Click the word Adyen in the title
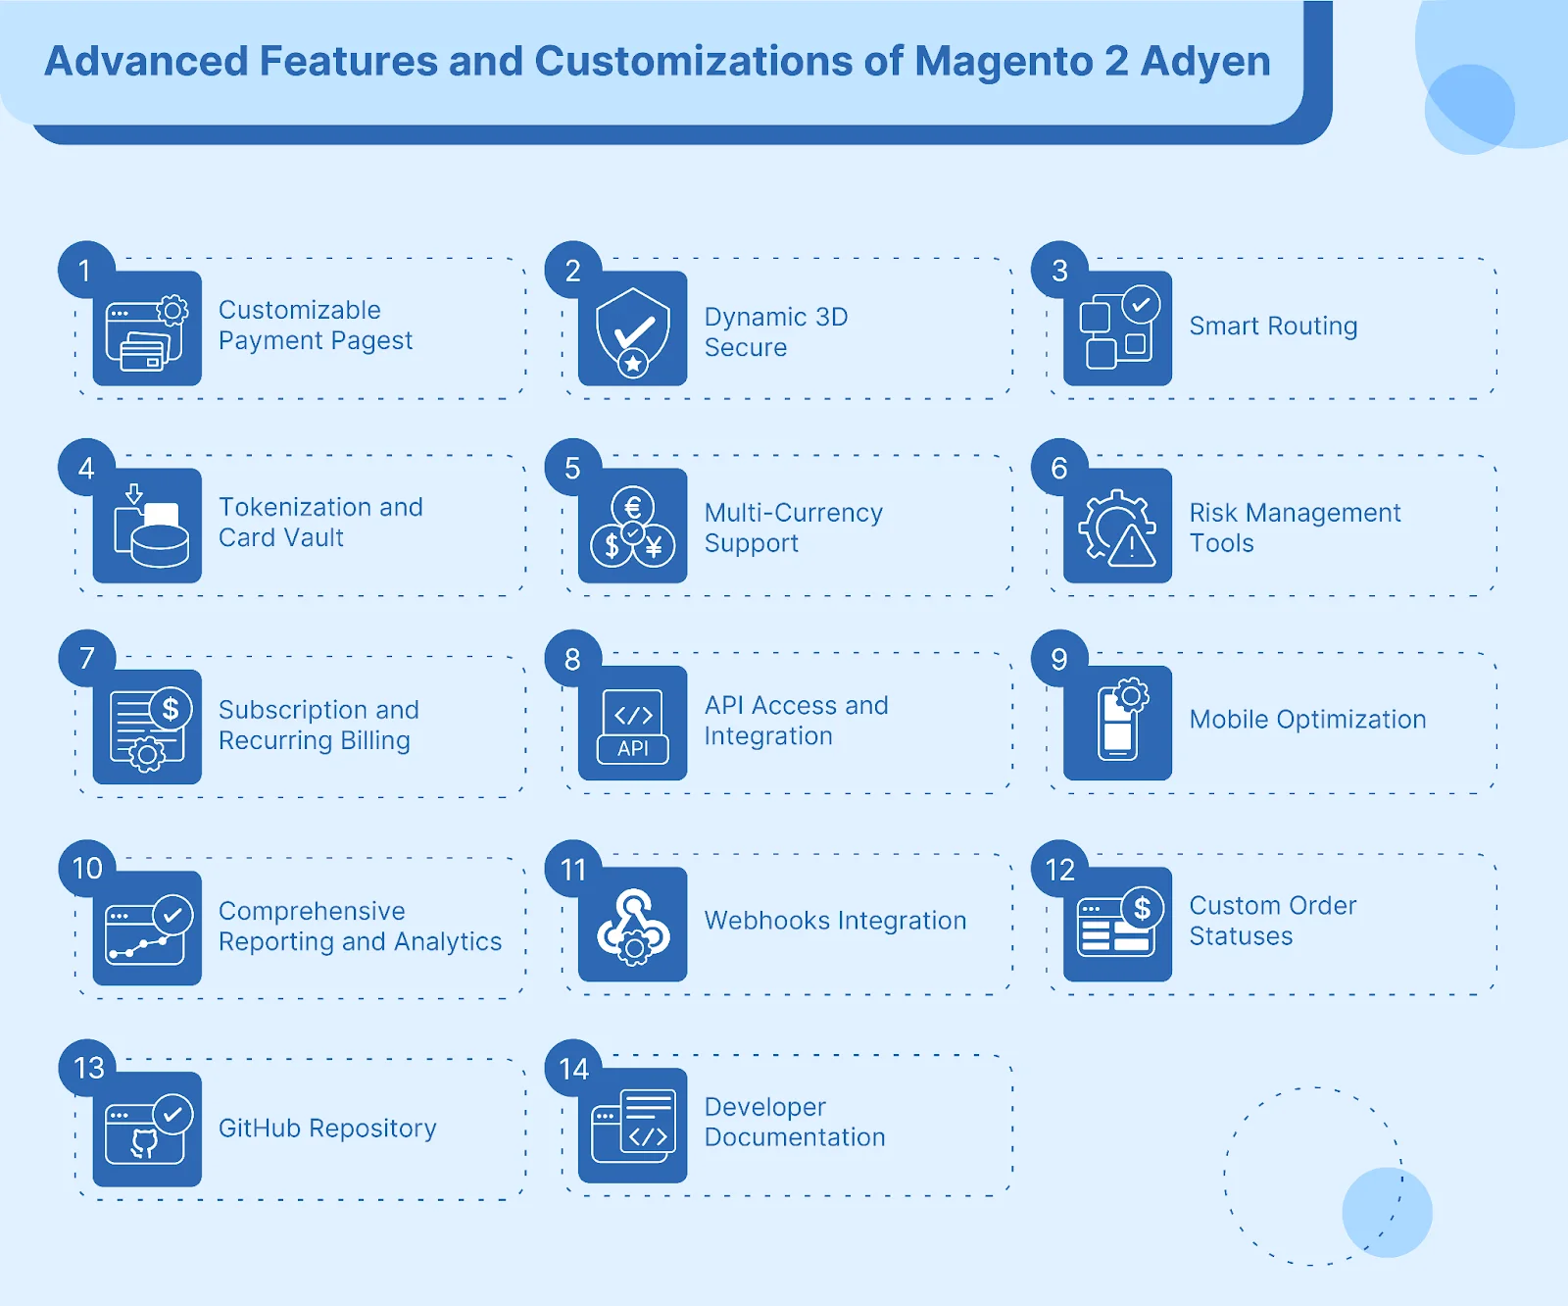[x=1205, y=62]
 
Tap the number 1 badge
[x=86, y=270]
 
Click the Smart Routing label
[x=1273, y=326]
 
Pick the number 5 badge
[x=572, y=468]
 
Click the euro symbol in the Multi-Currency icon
[x=633, y=507]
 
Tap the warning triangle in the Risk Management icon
[x=1131, y=546]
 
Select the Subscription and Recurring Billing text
[x=318, y=725]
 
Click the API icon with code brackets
[x=633, y=724]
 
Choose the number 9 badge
[x=1059, y=659]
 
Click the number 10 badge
[x=87, y=868]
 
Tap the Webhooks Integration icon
[x=633, y=925]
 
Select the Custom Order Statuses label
[x=1273, y=921]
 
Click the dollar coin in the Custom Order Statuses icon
[x=1142, y=909]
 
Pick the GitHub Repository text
[x=327, y=1129]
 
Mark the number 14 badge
[x=573, y=1068]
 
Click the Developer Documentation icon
[x=633, y=1126]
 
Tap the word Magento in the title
[x=1004, y=62]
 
